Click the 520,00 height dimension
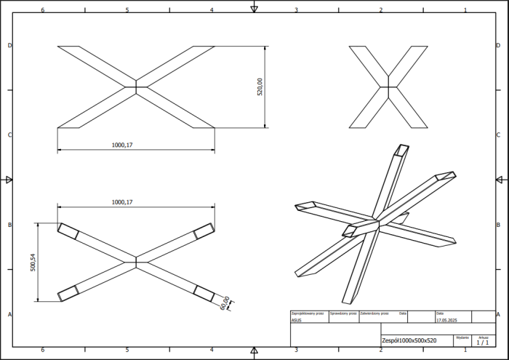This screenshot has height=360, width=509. (x=260, y=87)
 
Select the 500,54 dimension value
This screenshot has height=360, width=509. (x=33, y=262)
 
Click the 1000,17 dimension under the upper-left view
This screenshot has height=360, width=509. (x=122, y=145)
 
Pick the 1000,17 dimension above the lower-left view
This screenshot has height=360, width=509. (x=122, y=201)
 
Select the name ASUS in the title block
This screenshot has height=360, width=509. (x=296, y=319)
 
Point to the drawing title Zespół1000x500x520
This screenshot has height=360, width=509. (x=409, y=340)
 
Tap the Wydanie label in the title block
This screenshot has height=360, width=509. (x=462, y=337)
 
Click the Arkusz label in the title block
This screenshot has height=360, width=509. (x=483, y=337)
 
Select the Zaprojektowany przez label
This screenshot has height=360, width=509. (x=307, y=313)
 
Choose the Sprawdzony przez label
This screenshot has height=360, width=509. (x=342, y=313)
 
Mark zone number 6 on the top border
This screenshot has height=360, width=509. (x=43, y=10)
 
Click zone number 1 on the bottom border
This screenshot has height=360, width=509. (x=465, y=351)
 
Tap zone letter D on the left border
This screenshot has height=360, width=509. (x=9, y=45)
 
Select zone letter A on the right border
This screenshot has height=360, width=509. (x=498, y=314)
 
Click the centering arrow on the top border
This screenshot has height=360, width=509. (x=254, y=8)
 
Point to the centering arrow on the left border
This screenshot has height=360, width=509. (x=9, y=180)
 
